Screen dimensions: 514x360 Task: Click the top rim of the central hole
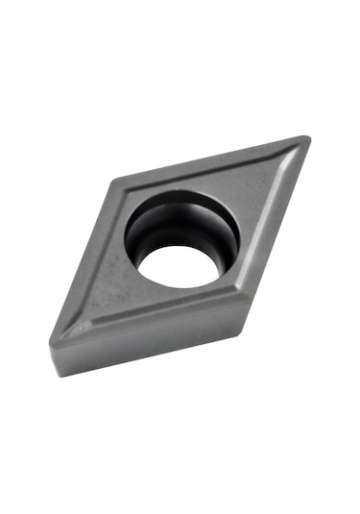point(182,195)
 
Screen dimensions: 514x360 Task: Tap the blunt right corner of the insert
point(244,299)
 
